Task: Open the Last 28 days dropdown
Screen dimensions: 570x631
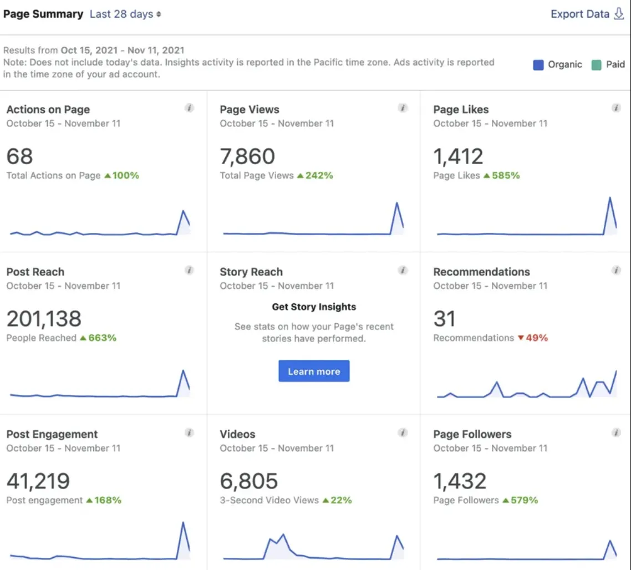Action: [125, 14]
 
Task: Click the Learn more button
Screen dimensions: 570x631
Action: [314, 371]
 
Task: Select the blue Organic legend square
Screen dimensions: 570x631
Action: [538, 65]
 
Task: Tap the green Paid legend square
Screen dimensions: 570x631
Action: [596, 65]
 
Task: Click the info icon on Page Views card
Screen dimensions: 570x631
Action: [403, 108]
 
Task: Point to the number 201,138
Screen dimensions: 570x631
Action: [44, 319]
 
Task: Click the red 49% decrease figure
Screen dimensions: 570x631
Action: [533, 338]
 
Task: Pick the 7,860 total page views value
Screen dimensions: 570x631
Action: [247, 156]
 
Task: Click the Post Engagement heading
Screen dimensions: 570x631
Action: [52, 434]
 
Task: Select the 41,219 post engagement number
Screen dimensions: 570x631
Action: [38, 481]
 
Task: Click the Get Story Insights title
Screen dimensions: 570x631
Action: [314, 307]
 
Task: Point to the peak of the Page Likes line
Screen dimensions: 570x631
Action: [610, 197]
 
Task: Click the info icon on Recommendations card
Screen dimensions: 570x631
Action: [616, 271]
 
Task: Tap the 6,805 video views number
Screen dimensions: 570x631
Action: [249, 481]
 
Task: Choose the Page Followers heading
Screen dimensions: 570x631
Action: [472, 434]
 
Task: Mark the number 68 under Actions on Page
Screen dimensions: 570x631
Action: [20, 156]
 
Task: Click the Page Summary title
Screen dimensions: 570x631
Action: [43, 14]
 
